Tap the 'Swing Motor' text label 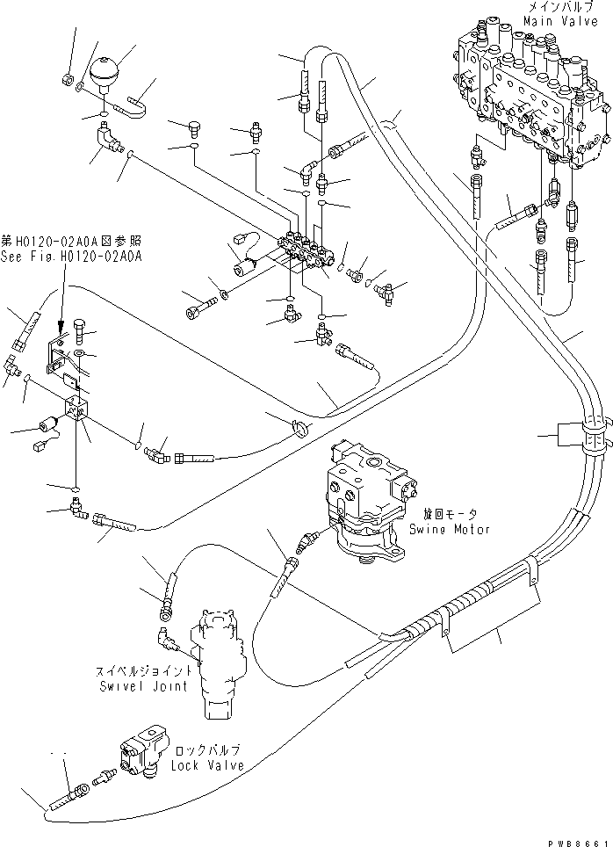coord(449,530)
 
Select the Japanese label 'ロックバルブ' coord(206,752)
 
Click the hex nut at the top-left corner coord(67,81)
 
